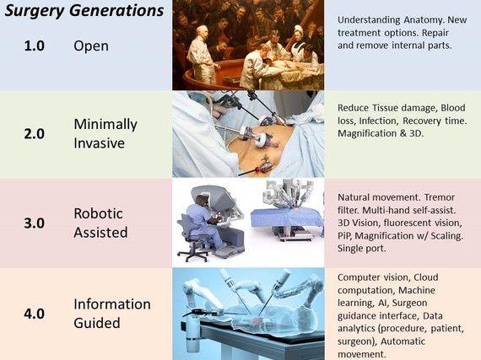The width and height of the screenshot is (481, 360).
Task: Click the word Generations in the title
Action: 116,11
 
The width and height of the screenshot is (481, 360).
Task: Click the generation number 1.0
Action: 35,46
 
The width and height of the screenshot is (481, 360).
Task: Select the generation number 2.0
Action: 35,134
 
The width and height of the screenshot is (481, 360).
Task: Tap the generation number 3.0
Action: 35,223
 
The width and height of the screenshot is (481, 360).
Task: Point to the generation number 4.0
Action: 35,314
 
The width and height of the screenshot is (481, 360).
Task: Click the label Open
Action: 91,46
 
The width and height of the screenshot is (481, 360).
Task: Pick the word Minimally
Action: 105,125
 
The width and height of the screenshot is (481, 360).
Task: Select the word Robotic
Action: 98,213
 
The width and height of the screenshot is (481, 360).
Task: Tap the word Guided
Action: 97,323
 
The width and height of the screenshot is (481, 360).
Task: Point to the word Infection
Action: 379,121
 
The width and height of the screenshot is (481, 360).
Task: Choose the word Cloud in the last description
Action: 426,277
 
